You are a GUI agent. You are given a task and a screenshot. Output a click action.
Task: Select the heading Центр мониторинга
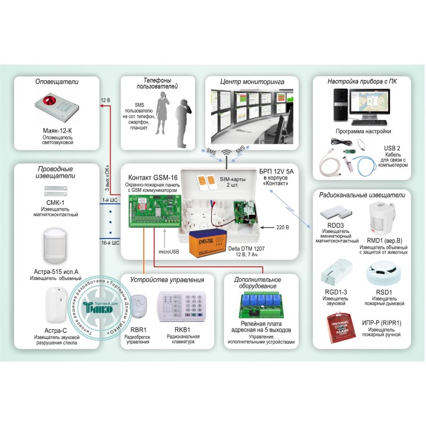pos(251,82)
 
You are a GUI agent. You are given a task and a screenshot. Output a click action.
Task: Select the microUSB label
pos(168,251)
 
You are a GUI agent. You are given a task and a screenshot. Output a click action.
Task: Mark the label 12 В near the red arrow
pos(106,100)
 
